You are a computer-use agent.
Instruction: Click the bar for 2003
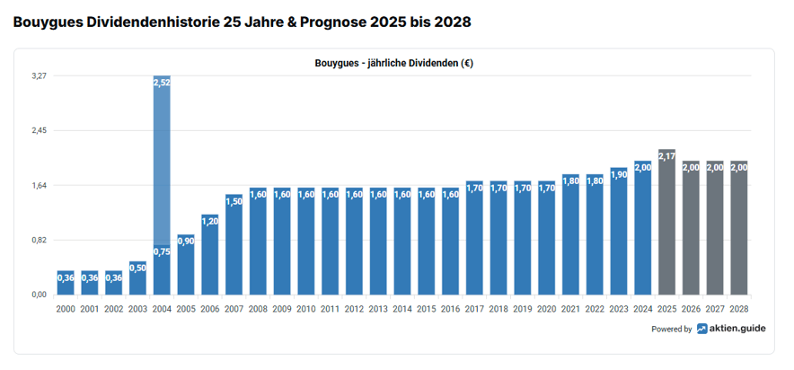pos(137,278)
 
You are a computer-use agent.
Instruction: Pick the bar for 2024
pos(642,229)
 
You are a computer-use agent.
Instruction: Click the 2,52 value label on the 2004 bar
pos(162,83)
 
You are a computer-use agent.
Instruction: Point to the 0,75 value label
pos(162,252)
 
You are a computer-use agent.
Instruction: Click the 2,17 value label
pos(666,156)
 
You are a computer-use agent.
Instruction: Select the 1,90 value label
pos(619,174)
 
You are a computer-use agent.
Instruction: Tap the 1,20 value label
pos(210,221)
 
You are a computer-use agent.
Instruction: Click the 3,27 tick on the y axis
pos(39,76)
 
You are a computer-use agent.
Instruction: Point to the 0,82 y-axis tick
pos(39,240)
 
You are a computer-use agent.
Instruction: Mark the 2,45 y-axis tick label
pos(39,131)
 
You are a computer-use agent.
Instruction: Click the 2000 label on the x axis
pos(66,308)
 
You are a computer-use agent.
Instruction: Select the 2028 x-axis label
pos(739,308)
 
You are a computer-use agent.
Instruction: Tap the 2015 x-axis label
pos(427,308)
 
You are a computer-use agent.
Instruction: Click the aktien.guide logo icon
pos(701,329)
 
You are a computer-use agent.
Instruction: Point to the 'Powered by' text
pos(672,330)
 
